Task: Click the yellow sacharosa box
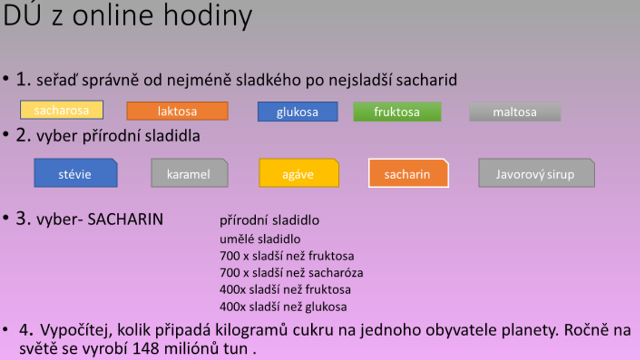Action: tap(62, 110)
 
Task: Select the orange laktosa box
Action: tap(177, 111)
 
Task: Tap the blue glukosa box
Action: tap(298, 112)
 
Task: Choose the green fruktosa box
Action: tap(397, 112)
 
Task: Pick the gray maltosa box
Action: tap(515, 112)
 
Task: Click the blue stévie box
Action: tap(75, 173)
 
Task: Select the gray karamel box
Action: tap(189, 173)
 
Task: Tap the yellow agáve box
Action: tap(299, 173)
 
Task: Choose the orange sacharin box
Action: tap(409, 173)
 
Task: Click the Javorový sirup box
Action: tap(536, 173)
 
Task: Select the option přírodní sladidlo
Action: tap(269, 221)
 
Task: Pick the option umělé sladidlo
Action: tap(260, 239)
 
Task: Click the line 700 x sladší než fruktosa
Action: tap(287, 256)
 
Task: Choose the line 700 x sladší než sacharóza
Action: tap(291, 273)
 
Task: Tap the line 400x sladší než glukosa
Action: tap(283, 307)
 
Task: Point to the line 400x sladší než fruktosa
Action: tap(285, 289)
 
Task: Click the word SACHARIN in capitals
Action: tap(125, 219)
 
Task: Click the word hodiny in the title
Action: tap(208, 15)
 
